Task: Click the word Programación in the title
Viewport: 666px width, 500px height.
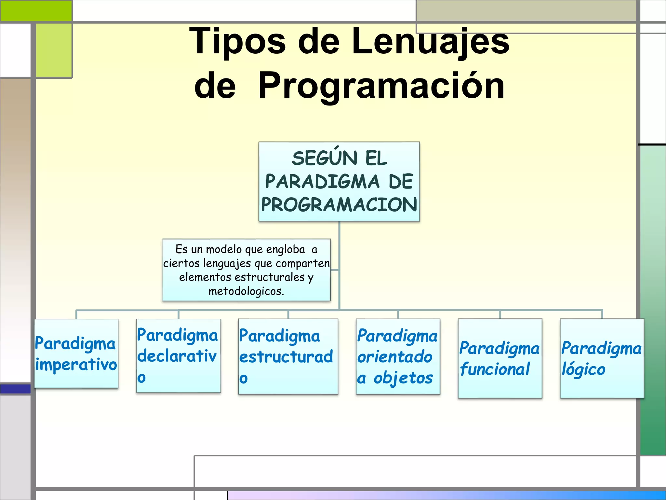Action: pyautogui.click(x=381, y=86)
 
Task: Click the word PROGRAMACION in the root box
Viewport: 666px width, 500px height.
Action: pyautogui.click(x=339, y=205)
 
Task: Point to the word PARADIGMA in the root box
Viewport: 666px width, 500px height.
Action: pyautogui.click(x=322, y=182)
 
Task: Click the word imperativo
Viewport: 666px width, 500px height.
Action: pyautogui.click(x=76, y=365)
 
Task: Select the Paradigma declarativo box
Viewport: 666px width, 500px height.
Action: pyautogui.click(x=178, y=355)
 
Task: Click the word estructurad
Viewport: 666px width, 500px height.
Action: pyautogui.click(x=286, y=357)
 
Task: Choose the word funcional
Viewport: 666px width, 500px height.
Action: pyautogui.click(x=495, y=369)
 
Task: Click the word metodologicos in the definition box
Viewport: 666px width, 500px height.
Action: pyautogui.click(x=246, y=291)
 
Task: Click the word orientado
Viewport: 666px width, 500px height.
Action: pyautogui.click(x=395, y=357)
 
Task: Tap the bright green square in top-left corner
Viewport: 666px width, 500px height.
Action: pyautogui.click(x=36, y=10)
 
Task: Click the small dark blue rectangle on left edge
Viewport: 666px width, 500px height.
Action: pyautogui.click(x=15, y=389)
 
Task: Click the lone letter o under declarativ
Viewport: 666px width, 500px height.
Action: pyautogui.click(x=141, y=378)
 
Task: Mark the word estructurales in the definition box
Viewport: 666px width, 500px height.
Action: pyautogui.click(x=270, y=277)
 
